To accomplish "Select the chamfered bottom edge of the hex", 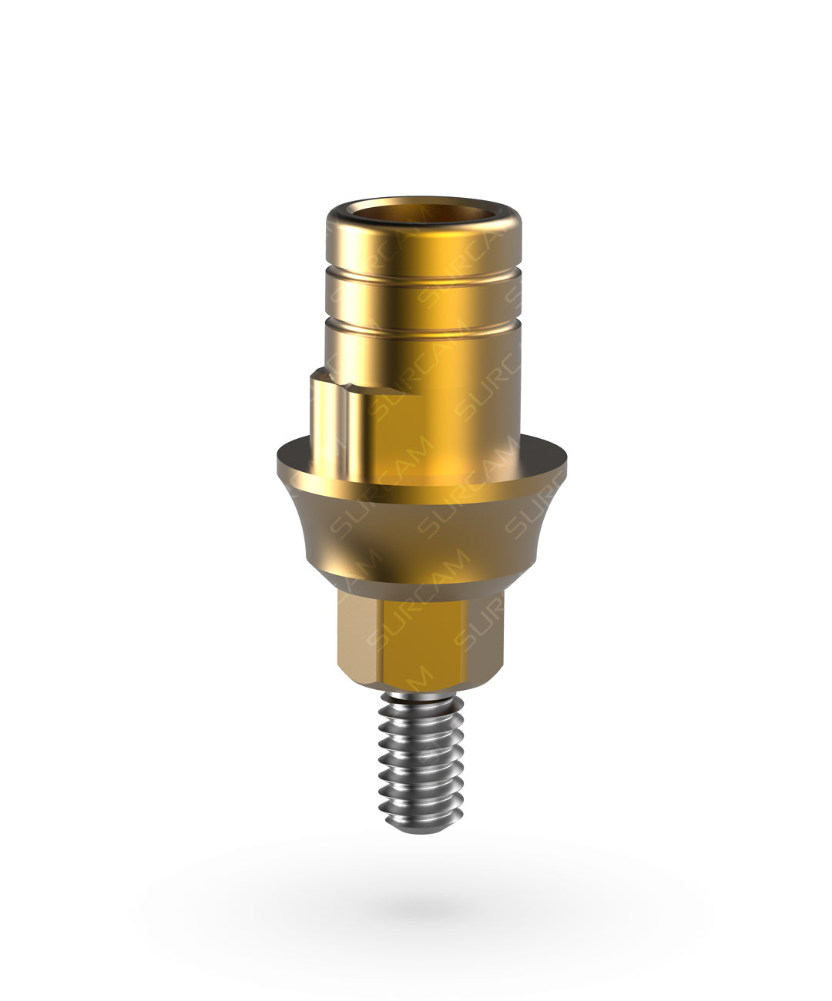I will click(x=422, y=681).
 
